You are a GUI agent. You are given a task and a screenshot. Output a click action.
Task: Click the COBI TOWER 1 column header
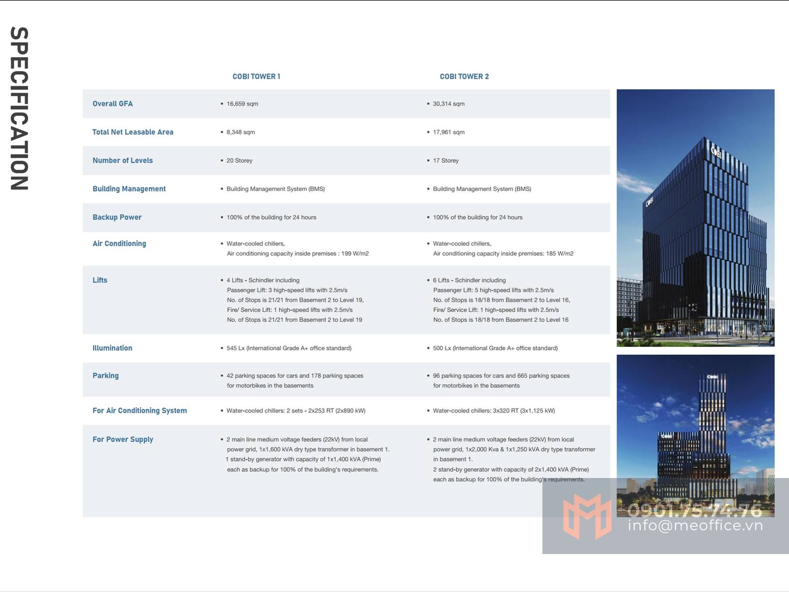[256, 76]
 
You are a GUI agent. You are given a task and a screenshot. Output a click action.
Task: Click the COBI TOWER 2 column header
[464, 76]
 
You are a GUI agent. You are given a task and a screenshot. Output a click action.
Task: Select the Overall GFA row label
[112, 104]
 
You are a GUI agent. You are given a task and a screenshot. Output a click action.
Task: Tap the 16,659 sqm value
[242, 104]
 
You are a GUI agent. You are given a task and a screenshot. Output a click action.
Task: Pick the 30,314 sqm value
[448, 104]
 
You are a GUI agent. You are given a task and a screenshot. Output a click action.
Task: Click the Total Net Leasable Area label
[133, 132]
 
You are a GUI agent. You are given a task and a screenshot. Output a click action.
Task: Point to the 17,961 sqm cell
[448, 132]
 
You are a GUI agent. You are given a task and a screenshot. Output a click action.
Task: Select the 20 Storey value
[239, 160]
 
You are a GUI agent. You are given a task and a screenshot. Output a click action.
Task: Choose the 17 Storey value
[445, 160]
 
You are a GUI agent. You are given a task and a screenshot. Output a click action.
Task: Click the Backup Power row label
[117, 217]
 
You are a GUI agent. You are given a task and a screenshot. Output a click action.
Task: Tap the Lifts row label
[100, 280]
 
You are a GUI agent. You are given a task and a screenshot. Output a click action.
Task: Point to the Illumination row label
[112, 348]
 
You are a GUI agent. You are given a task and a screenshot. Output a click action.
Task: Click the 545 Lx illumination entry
[288, 348]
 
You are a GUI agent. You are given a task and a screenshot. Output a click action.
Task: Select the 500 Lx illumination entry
[495, 348]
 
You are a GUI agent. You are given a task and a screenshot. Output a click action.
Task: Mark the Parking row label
[106, 375]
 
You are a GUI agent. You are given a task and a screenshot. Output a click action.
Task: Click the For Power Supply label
[123, 440]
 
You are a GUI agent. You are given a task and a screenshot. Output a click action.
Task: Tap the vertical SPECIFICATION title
[20, 109]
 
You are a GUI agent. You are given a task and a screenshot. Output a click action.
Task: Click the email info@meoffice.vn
[695, 525]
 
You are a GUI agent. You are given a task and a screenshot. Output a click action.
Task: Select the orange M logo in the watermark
[587, 516]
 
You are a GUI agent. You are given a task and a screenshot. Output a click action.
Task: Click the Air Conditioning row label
[119, 244]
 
